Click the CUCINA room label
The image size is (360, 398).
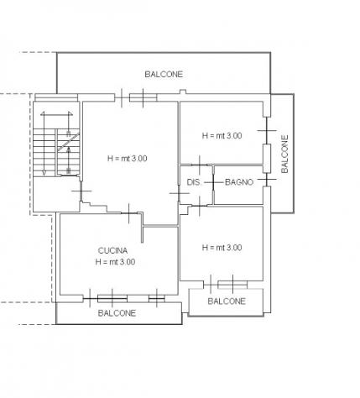coord(112,250)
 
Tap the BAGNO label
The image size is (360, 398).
coord(239,182)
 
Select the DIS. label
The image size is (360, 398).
coord(194,182)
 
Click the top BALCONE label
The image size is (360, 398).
coord(164,74)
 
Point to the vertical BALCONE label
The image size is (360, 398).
coord(284,154)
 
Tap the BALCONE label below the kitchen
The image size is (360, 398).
coord(117,313)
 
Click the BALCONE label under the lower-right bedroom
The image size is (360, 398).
coord(227,301)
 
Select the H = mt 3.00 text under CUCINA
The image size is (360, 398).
coord(115,262)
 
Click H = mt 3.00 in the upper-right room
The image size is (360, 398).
coord(222,136)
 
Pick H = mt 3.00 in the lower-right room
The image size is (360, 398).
coord(222,248)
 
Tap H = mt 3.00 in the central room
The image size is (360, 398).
coord(128,159)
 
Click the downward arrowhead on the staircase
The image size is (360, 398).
coord(44,173)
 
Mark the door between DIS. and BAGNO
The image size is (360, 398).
coord(213,182)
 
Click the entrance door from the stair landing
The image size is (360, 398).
coord(81,191)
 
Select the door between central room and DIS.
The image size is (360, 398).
coord(179,193)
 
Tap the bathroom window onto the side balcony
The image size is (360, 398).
coord(267,179)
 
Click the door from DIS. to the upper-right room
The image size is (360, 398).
coord(200,165)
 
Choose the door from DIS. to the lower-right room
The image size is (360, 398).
coord(199,206)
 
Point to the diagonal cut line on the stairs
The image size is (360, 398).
coord(69,142)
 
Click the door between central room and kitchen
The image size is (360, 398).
coord(129,213)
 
